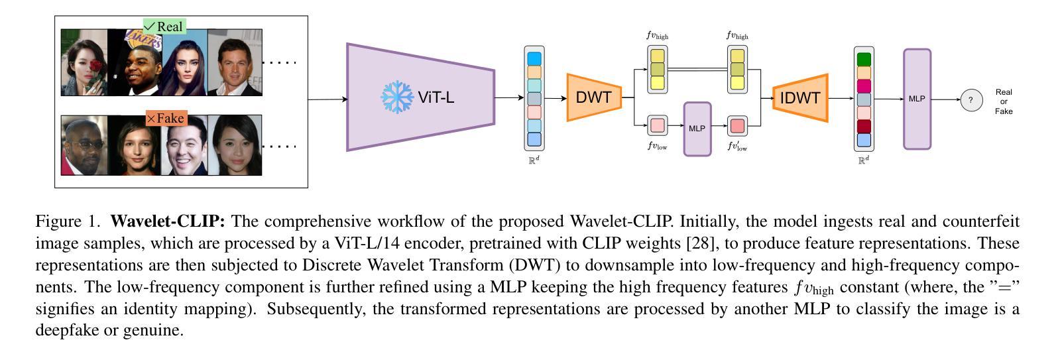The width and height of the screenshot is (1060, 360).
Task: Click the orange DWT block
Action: tap(594, 97)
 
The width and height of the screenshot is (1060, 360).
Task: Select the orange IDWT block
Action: tap(800, 98)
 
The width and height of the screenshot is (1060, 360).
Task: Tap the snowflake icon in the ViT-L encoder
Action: tap(396, 97)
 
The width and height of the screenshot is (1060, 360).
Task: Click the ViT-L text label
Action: tap(436, 97)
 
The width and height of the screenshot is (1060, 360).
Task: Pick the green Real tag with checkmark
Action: tap(164, 27)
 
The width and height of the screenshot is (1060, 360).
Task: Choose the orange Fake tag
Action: tap(166, 118)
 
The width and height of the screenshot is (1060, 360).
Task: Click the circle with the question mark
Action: tap(972, 100)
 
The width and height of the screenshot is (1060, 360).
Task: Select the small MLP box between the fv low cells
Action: tap(697, 129)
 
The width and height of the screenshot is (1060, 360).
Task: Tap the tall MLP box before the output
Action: tap(917, 99)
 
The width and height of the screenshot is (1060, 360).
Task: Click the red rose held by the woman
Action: tap(95, 66)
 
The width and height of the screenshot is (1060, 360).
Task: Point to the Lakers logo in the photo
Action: tap(143, 38)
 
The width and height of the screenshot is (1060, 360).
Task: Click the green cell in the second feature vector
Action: tap(864, 60)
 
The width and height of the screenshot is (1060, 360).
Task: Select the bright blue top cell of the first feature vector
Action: tap(534, 58)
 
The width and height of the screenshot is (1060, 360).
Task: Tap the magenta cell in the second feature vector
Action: tap(864, 86)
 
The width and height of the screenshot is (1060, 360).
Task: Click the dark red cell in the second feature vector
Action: tap(864, 127)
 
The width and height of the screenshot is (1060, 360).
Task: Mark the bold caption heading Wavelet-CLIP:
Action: tap(168, 221)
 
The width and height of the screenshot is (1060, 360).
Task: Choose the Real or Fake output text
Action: tap(1004, 101)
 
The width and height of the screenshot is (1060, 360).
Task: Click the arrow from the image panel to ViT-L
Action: tap(328, 99)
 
